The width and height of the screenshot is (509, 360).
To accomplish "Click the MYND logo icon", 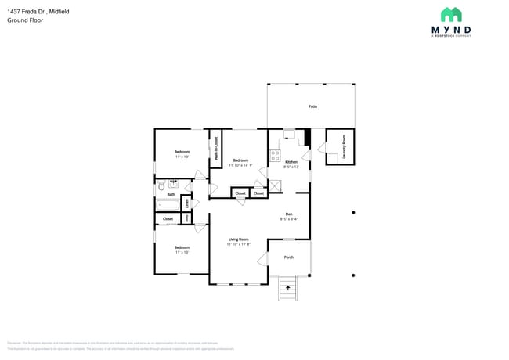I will point(450,14).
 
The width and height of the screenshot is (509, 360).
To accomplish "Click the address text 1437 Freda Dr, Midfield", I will point(34,10).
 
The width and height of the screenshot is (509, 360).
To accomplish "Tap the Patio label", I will point(312,106).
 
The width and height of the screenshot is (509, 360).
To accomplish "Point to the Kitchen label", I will point(291,161).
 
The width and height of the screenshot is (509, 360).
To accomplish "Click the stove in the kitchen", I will point(275,156).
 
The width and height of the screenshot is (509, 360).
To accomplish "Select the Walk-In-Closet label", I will point(216,149).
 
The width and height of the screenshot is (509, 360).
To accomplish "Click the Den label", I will point(288,214).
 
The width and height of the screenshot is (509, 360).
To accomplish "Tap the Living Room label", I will point(238,239).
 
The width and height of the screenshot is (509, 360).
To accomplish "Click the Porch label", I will point(288,257).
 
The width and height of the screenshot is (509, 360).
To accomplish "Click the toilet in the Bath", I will point(160,187).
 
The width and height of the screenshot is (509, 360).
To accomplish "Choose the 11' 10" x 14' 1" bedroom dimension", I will point(241,165).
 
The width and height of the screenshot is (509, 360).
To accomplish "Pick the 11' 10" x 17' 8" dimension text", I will point(238,244).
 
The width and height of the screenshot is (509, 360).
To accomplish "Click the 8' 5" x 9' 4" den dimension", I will point(288,219).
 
